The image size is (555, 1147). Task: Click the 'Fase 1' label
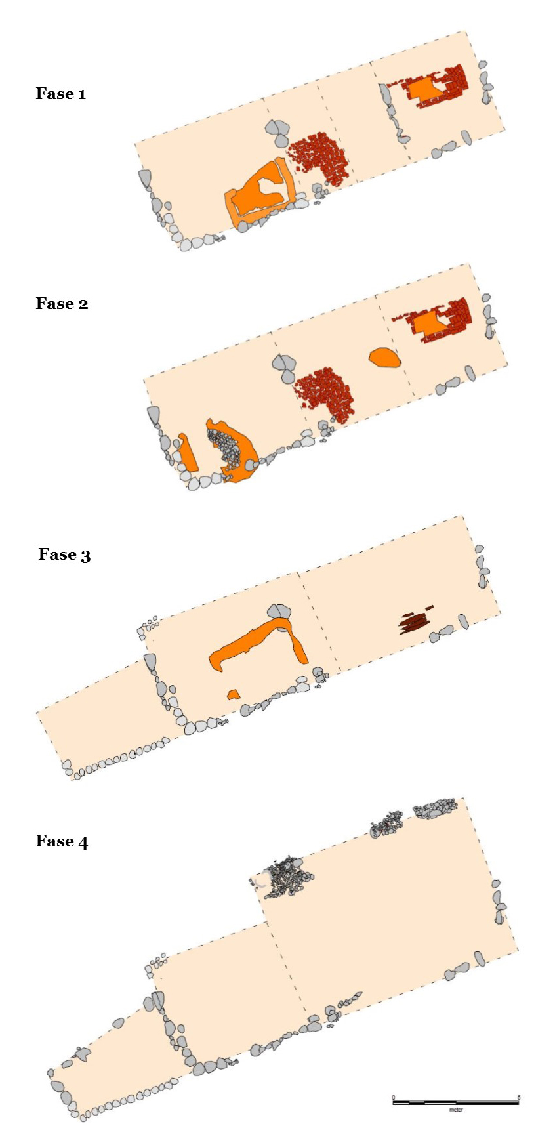click(x=61, y=94)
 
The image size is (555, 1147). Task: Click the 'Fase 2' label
click(x=62, y=304)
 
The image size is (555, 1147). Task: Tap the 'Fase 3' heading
click(x=64, y=554)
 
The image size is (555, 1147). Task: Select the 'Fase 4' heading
click(x=62, y=841)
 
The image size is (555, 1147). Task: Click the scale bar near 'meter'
click(x=456, y=1102)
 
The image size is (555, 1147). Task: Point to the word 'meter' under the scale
click(x=456, y=1110)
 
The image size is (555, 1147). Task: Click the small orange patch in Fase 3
click(x=232, y=694)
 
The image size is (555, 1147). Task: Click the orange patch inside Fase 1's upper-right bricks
click(x=425, y=89)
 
